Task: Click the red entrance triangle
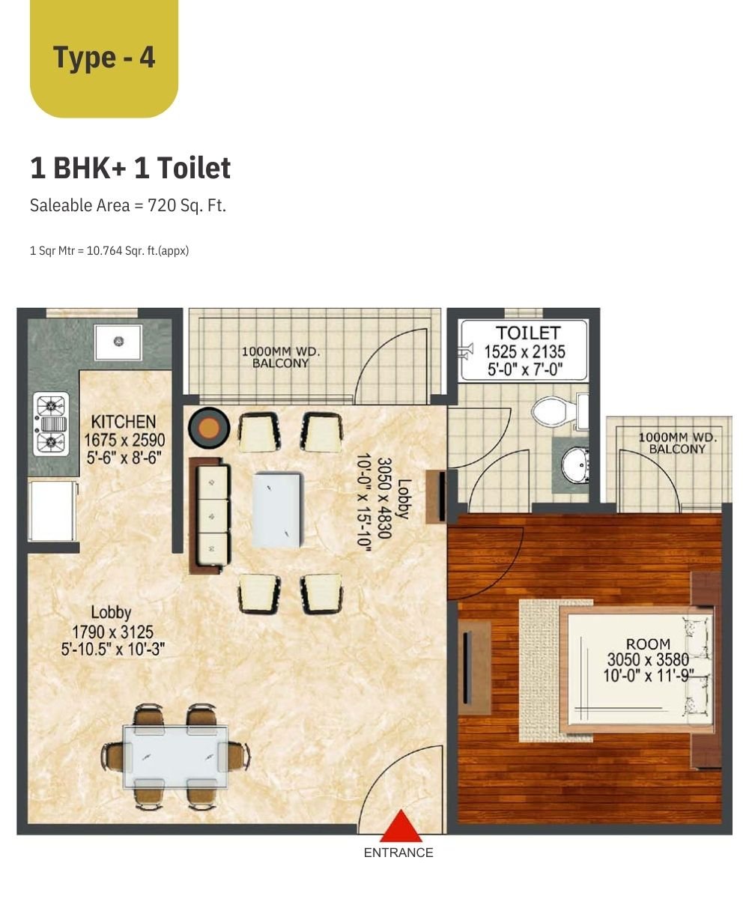point(400,826)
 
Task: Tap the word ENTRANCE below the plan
point(398,853)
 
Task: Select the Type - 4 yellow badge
point(104,58)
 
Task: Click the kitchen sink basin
point(118,342)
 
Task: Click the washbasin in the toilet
point(575,465)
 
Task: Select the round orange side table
point(209,428)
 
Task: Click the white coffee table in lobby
point(278,509)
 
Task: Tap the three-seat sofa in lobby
point(210,515)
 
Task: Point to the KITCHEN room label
point(124,422)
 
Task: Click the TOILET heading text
point(528,333)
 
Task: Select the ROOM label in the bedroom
point(648,644)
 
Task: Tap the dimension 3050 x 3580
point(648,659)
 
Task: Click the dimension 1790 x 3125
point(112,632)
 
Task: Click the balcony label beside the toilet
point(677,444)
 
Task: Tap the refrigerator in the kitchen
point(52,511)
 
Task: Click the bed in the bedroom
point(638,670)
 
